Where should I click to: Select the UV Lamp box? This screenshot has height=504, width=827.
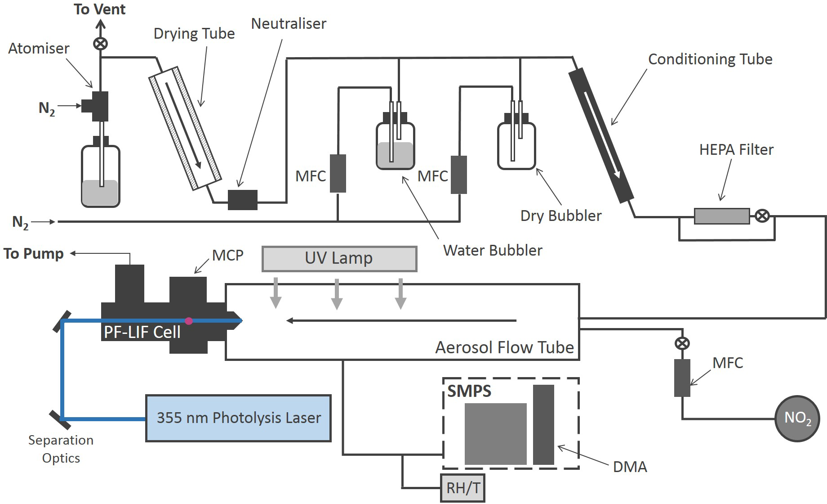pos(339,259)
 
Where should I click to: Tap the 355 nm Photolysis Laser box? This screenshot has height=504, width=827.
pos(238,418)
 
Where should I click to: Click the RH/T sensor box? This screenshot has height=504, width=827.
pos(463,488)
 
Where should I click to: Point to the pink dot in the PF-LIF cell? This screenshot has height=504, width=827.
pos(189,321)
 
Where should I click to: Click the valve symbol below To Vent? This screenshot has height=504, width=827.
pos(100,44)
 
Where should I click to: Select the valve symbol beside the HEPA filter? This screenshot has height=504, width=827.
pos(761,216)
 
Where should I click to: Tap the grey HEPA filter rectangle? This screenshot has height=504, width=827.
pos(722,216)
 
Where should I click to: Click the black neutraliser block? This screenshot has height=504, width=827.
pos(243,200)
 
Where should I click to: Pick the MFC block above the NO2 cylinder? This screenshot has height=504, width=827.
pos(682,378)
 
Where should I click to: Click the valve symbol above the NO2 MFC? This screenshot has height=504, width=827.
pos(682,344)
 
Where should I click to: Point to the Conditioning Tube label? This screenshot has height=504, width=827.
pos(710,59)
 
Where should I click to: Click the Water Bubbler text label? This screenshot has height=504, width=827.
pos(493,250)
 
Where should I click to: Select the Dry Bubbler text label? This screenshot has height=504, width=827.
pos(560,216)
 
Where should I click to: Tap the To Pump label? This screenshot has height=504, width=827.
pos(34,254)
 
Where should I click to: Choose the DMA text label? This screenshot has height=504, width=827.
pos(630,467)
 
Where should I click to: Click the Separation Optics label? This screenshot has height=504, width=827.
pos(61,449)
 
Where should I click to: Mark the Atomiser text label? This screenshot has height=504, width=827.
pos(39,49)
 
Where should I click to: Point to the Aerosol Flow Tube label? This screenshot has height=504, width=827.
pos(504,347)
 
